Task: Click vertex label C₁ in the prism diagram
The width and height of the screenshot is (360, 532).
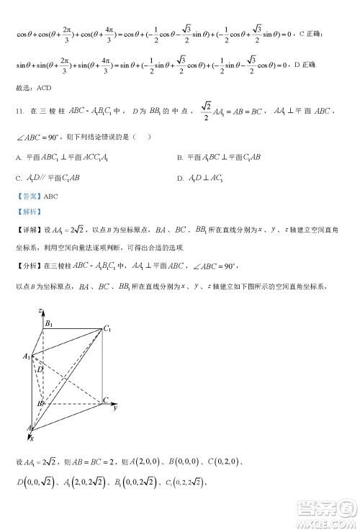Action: (x=108, y=329)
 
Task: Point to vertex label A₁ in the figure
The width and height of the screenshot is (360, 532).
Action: (x=26, y=357)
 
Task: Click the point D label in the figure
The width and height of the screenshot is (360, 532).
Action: (x=41, y=369)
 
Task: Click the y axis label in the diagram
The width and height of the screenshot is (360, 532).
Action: (x=115, y=408)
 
